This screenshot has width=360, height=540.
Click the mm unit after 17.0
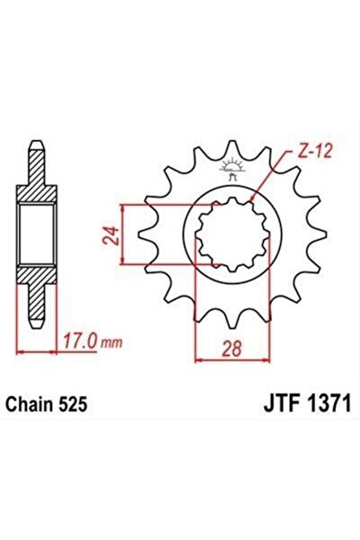tap(110, 343)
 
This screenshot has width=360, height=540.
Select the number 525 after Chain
tap(73, 405)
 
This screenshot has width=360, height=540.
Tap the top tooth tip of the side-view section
tap(35, 147)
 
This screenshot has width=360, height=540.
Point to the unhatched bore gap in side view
tap(35, 235)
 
